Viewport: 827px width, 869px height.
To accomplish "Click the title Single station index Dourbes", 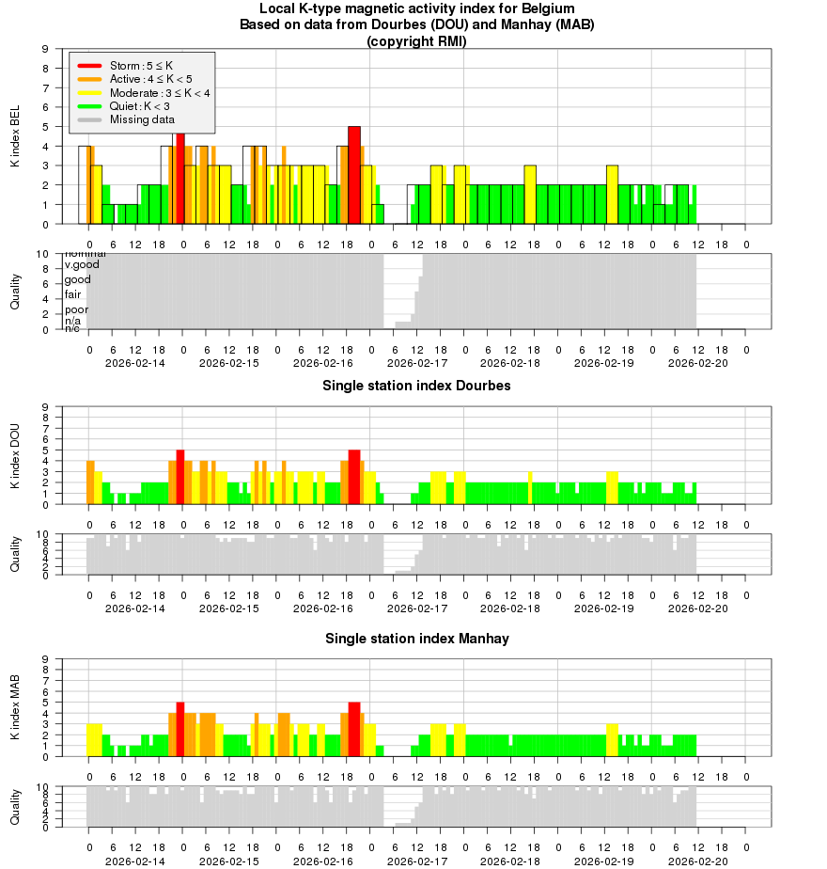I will click(x=416, y=386).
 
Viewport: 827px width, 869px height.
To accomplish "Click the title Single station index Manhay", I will click(x=416, y=639).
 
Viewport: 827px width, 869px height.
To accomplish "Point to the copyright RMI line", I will click(x=416, y=41).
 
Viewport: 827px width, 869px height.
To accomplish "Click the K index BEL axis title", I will click(x=15, y=137).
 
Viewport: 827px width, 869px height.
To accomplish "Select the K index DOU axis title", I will click(x=15, y=455).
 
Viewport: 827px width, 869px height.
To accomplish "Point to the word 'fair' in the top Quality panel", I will click(x=72, y=294).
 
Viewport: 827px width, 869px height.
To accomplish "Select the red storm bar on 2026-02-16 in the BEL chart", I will click(x=354, y=175).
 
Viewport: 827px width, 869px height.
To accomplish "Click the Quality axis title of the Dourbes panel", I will click(x=15, y=554).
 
